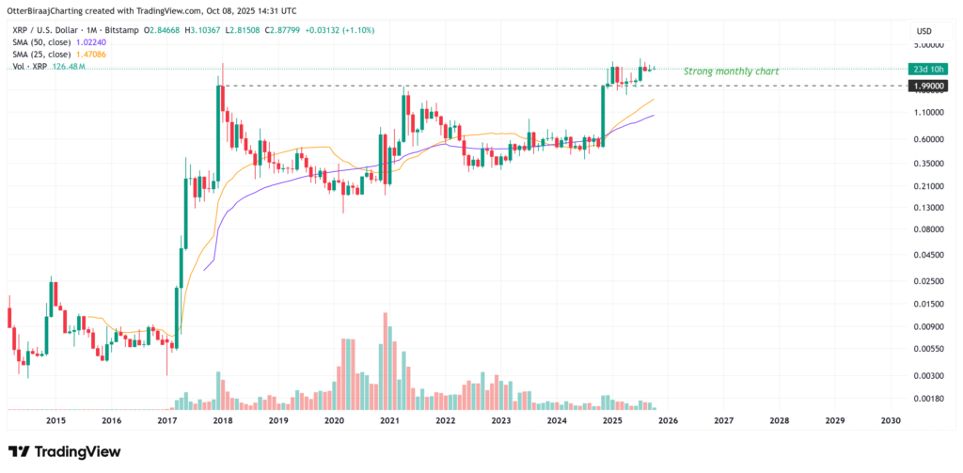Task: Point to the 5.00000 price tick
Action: [933, 44]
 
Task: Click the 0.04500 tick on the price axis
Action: [933, 254]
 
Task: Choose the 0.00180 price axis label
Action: [933, 398]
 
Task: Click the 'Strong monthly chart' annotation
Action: [731, 71]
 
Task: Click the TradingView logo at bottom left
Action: [64, 452]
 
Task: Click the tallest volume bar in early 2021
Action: [386, 361]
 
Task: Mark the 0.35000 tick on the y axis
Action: [933, 163]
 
